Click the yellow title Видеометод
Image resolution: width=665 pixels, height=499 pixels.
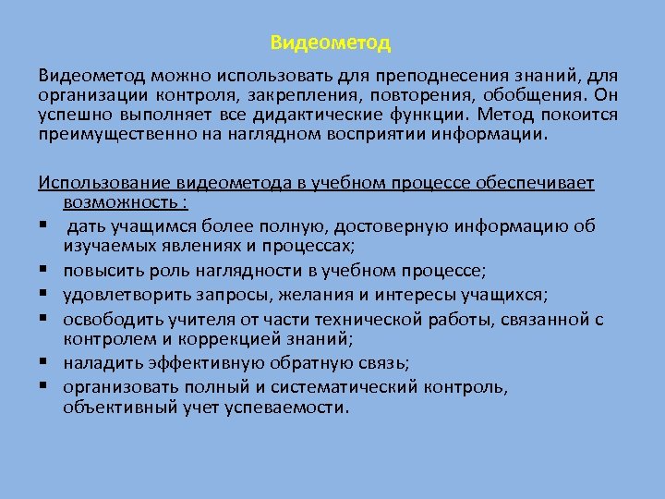(x=332, y=43)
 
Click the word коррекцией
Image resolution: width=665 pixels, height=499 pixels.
(x=195, y=338)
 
